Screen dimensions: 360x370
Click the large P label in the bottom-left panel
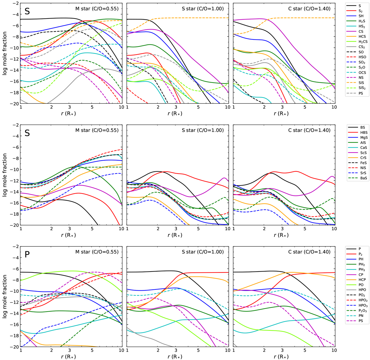pyautogui.click(x=27, y=255)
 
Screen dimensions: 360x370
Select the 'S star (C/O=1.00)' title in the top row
pyautogui.click(x=203, y=9)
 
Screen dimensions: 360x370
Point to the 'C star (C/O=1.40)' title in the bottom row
pyautogui.click(x=310, y=252)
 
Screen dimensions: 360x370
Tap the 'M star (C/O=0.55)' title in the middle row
pyautogui.click(x=97, y=130)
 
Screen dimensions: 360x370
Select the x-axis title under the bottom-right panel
pyautogui.click(x=283, y=357)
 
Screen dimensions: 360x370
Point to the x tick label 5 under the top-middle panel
pyautogui.click(x=198, y=107)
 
